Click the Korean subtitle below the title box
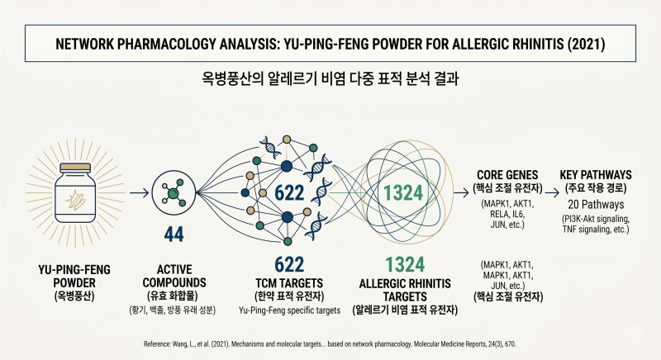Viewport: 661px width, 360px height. (330, 78)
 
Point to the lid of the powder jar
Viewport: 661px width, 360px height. (75, 167)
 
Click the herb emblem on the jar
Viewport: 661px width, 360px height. (75, 199)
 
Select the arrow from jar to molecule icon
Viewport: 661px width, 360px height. (139, 193)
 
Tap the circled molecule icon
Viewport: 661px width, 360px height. (174, 193)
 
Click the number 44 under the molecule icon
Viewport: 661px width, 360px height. (174, 234)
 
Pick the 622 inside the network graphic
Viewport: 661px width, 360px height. (289, 193)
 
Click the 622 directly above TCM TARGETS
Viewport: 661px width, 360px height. (289, 265)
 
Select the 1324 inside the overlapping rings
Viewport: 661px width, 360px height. (403, 193)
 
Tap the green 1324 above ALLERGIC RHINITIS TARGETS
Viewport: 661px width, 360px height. (405, 265)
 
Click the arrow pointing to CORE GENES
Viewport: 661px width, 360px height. (461, 193)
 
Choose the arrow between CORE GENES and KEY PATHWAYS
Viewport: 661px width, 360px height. (552, 193)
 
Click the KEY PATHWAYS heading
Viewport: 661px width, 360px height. (596, 175)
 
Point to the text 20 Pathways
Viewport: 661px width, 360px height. (596, 205)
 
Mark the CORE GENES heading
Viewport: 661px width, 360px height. (507, 175)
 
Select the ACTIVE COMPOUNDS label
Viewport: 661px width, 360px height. (174, 276)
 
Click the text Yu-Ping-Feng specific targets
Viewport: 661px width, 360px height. (290, 310)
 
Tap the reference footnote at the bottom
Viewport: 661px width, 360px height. (330, 344)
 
